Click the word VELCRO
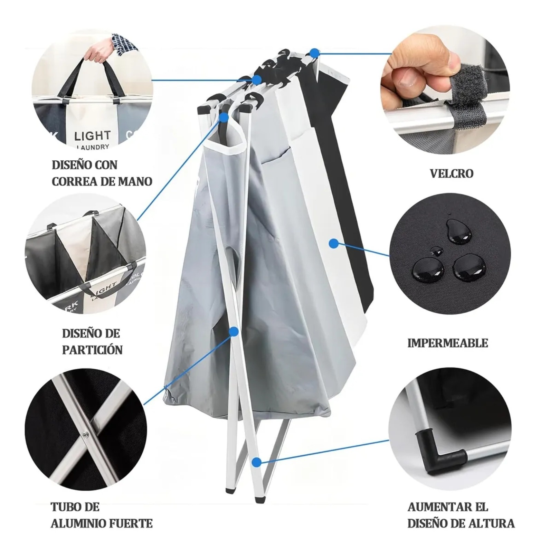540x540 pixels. (452, 173)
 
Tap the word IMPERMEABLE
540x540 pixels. (448, 343)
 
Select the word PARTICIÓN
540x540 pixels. (92, 350)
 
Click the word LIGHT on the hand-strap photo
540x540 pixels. (92, 136)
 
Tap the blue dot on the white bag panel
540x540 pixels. (333, 244)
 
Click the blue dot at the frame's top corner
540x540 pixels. (314, 53)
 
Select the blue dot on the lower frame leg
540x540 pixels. (256, 462)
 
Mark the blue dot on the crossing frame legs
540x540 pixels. (234, 332)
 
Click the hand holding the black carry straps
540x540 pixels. (99, 49)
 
